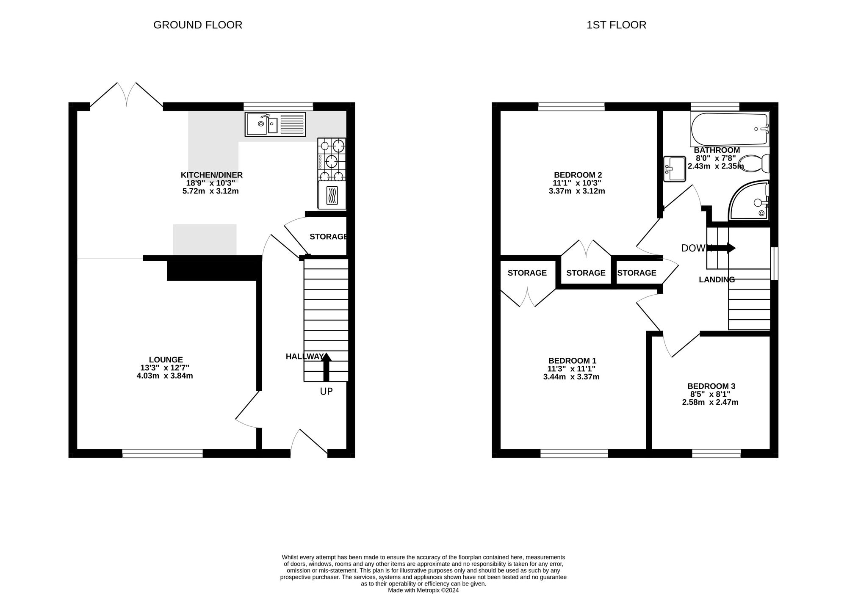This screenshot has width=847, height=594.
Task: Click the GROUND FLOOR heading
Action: [198, 25]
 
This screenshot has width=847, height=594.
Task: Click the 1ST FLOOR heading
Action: [616, 25]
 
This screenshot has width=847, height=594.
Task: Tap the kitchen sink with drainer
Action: [275, 124]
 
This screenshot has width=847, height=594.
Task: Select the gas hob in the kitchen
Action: [332, 159]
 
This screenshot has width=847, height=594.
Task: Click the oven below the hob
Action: [332, 195]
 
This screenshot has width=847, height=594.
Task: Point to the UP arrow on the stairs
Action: [326, 367]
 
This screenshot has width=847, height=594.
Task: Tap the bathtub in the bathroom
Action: [730, 129]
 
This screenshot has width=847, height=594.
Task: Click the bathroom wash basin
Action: [674, 169]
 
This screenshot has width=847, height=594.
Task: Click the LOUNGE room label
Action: [166, 360]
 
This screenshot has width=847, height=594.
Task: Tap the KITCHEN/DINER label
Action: [212, 175]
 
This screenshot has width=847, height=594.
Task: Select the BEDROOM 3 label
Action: [711, 386]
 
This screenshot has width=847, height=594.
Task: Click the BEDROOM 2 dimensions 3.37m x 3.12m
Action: [577, 191]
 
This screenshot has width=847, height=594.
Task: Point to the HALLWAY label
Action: [304, 356]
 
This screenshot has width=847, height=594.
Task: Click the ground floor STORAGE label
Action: [329, 237]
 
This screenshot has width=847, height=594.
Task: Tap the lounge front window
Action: [163, 454]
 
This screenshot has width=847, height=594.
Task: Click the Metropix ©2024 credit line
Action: [423, 590]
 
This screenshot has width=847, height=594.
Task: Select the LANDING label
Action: [717, 279]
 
